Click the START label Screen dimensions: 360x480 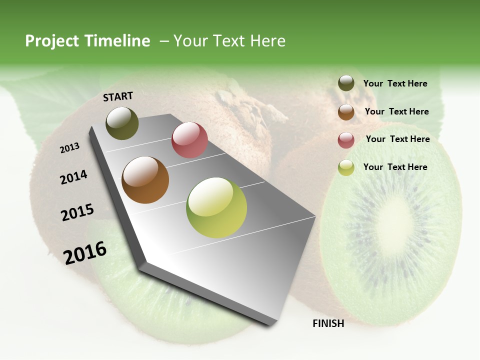pos(118,96)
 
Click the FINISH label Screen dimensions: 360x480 pos(328,323)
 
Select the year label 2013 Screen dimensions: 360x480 pos(69,148)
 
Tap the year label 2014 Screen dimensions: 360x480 pos(73,177)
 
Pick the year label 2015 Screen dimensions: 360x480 pos(77,212)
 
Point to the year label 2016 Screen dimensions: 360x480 pos(85,253)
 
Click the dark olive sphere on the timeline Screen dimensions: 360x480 pos(122,123)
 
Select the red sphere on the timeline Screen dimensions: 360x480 pos(189,140)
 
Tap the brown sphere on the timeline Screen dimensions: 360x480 pos(145,180)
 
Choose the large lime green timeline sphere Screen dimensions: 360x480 pos(216,207)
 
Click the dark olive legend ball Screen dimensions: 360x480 pos(346,83)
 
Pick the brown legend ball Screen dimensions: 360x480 pos(346,112)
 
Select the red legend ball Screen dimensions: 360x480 pos(346,140)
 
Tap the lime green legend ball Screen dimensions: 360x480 pos(346,167)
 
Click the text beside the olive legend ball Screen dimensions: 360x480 pos(395,84)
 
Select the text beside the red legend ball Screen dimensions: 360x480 pos(397,139)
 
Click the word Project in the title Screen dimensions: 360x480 pos(52,41)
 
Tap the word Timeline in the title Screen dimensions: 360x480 pos(119,41)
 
